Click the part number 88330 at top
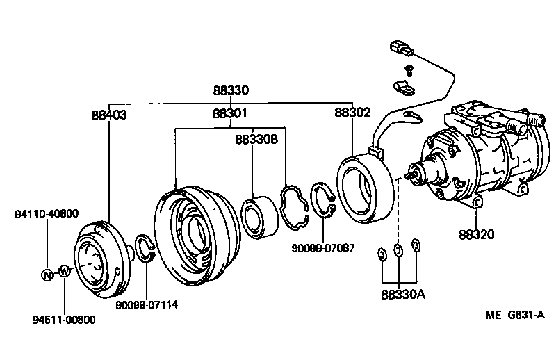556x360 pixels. click(231, 90)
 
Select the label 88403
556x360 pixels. click(108, 114)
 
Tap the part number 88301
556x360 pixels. click(231, 114)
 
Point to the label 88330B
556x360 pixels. click(256, 139)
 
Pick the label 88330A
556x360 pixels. click(402, 294)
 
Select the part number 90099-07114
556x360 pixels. click(147, 304)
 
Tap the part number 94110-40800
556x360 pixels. click(47, 214)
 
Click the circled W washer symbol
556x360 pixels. click(64, 271)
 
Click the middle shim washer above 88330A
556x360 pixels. click(398, 251)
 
